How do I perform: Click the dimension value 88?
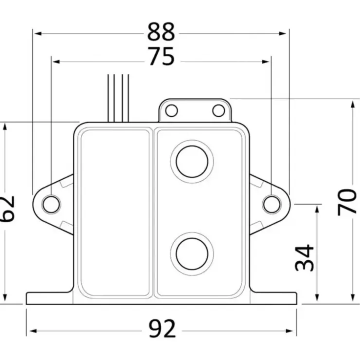[161, 32]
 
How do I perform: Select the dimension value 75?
[162, 56]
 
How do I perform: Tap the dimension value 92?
[162, 328]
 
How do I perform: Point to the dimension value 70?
[347, 202]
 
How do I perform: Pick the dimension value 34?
[304, 258]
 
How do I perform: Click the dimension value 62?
[7, 209]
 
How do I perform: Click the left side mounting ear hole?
[51, 204]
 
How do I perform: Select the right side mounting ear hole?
[272, 204]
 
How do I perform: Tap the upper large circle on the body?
[192, 162]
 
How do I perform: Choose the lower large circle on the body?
[192, 254]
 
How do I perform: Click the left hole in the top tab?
[172, 110]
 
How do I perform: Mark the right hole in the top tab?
[218, 110]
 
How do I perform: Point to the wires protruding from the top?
[118, 98]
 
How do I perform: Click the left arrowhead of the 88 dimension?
[38, 34]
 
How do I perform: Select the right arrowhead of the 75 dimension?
[266, 62]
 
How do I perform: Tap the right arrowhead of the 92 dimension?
[289, 331]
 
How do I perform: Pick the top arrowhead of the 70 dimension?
[353, 104]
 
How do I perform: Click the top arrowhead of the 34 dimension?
[317, 209]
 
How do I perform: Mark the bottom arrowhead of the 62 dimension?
[5, 298]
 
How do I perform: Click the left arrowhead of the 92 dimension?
[34, 331]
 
